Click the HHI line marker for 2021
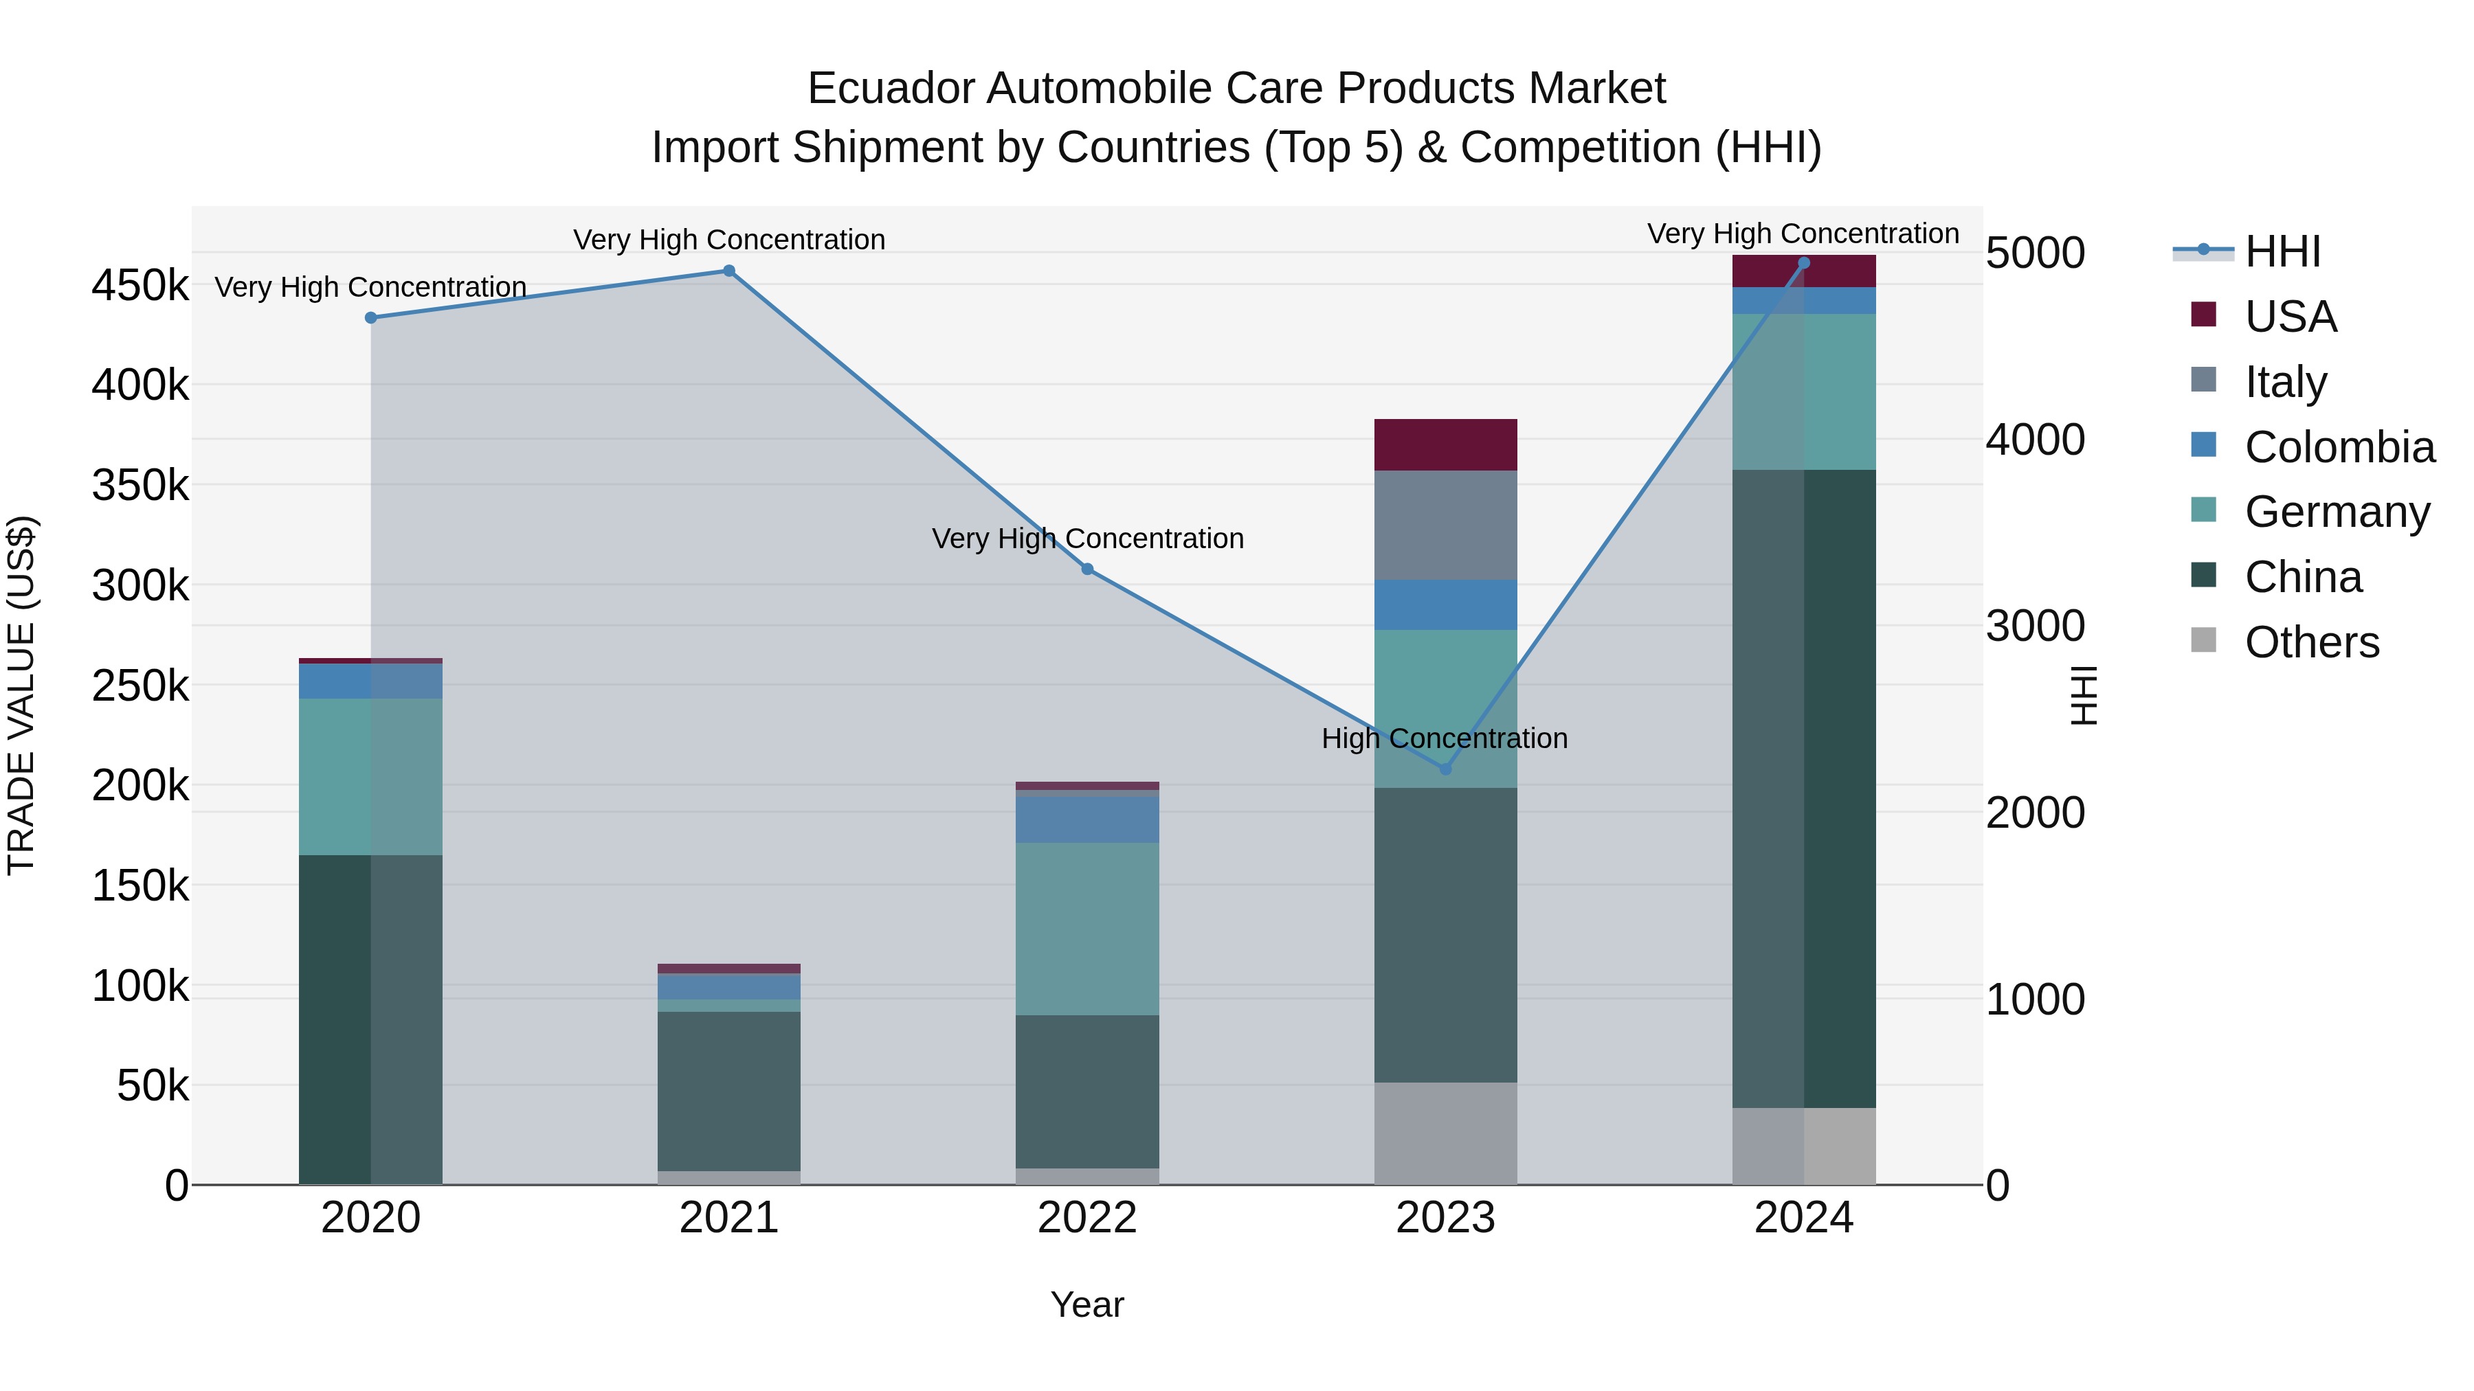(729, 271)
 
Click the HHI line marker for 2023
(1445, 769)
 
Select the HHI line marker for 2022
(1087, 569)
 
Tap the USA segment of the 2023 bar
(1445, 444)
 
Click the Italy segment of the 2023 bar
(1445, 525)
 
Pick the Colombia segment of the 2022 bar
(1087, 819)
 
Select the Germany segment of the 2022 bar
(1087, 928)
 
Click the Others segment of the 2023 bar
(1445, 1133)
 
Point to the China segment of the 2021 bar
(729, 1091)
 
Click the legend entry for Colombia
(2339, 447)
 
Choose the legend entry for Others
(2312, 642)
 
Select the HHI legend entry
(2282, 251)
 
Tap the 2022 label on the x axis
(1087, 1218)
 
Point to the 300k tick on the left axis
(140, 585)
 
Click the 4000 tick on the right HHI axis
(2034, 440)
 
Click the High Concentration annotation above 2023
(1445, 738)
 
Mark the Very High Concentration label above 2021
(729, 239)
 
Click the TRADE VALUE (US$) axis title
(21, 695)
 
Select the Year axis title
(1087, 1304)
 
